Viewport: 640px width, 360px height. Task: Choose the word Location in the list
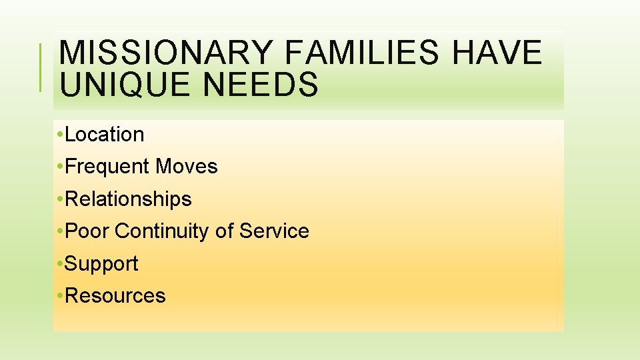coord(105,135)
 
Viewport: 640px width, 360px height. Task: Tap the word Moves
coord(187,167)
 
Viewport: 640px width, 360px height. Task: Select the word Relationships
coord(129,199)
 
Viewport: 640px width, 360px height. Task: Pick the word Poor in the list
coord(87,231)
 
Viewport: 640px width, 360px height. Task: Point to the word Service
coord(274,231)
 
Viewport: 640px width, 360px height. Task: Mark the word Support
coord(102,264)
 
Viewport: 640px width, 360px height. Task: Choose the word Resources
coord(115,296)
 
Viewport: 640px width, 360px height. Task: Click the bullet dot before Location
coord(61,135)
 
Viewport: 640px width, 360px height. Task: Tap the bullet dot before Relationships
coord(61,200)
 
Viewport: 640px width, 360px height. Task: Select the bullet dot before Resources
coord(61,297)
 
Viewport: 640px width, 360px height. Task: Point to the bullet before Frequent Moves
coord(61,167)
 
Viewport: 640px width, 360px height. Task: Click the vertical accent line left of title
coord(41,67)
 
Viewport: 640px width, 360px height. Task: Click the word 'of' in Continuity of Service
coord(224,231)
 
